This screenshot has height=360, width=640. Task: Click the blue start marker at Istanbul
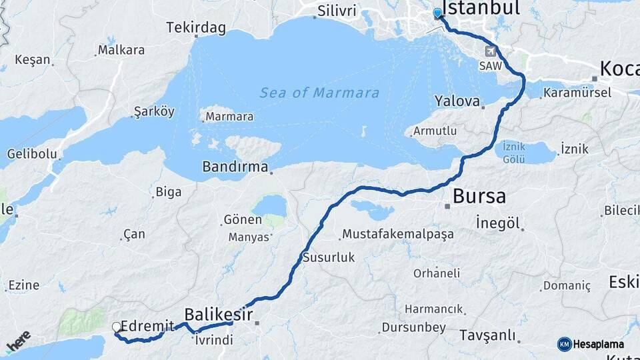point(437,13)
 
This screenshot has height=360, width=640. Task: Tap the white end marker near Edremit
point(117,327)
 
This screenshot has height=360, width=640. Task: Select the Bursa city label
point(479,197)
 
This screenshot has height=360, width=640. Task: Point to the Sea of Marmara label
point(319,93)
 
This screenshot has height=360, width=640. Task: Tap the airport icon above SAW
point(490,52)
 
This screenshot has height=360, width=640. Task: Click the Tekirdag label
point(196,28)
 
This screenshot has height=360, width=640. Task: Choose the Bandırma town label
point(235,166)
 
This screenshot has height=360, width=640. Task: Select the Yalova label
point(457,102)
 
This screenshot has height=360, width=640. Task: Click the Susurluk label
point(329,257)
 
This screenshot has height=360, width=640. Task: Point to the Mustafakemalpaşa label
point(398,234)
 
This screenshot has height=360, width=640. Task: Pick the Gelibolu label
point(32,154)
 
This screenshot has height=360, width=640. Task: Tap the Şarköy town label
point(154,111)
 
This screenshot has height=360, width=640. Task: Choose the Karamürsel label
point(577,93)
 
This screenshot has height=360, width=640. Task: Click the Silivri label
point(337,11)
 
